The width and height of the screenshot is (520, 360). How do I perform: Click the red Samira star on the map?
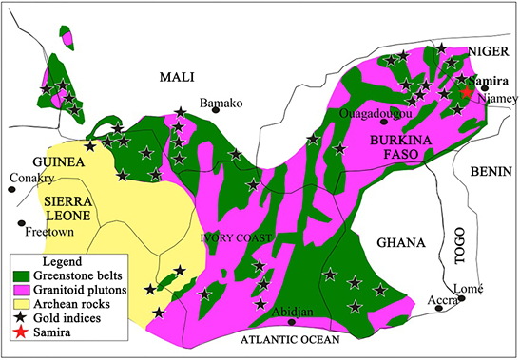point(466,92)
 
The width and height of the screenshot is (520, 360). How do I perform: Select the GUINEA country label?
point(59,162)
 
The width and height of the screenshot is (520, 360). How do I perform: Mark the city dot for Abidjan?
point(292,322)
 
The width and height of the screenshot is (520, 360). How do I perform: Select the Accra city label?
point(443,301)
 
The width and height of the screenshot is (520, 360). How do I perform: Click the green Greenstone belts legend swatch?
point(22,276)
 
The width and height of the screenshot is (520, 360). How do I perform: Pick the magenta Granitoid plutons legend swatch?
point(22,291)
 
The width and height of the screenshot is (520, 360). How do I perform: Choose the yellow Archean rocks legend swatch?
point(22,305)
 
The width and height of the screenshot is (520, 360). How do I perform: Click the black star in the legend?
point(22,319)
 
